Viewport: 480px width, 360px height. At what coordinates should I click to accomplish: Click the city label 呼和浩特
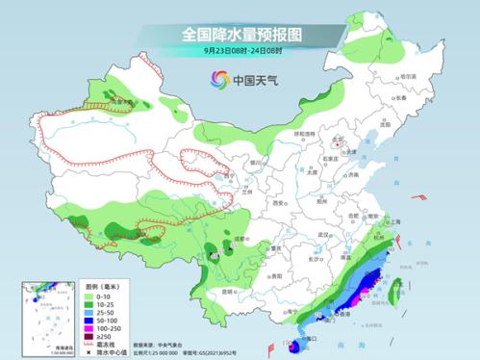point(304,135)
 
